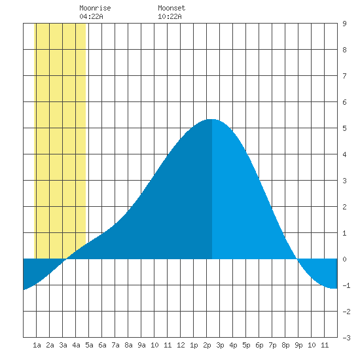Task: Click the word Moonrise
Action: tap(95, 8)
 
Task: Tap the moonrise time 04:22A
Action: tap(91, 16)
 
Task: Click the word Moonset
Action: tap(171, 8)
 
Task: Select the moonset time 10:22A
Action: tap(170, 16)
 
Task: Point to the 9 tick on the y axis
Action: tap(344, 24)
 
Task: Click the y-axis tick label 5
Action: tap(344, 128)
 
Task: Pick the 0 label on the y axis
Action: tap(344, 259)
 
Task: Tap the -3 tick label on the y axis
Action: tap(346, 338)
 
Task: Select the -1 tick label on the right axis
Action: tap(346, 285)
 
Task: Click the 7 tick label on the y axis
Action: tap(344, 76)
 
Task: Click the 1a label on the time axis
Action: tap(37, 345)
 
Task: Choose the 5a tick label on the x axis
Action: tap(89, 345)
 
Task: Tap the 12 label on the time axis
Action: tap(181, 345)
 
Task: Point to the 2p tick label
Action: tap(207, 345)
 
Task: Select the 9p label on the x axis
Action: tap(298, 345)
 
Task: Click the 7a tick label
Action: tap(115, 345)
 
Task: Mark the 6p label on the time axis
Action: tap(259, 345)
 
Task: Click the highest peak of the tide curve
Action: tap(212, 119)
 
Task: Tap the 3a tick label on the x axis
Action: tap(63, 345)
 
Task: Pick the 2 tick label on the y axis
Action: tap(344, 207)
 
